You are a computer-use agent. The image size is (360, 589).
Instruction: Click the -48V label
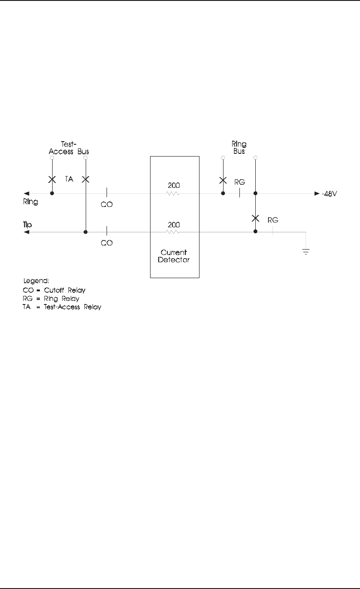(331, 194)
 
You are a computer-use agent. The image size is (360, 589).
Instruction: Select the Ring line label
(31, 202)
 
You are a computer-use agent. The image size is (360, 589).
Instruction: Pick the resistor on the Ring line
(173, 194)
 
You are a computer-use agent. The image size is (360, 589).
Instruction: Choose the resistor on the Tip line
(173, 232)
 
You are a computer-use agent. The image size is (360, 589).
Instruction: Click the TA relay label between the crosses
(69, 180)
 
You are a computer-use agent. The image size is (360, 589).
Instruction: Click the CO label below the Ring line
(107, 205)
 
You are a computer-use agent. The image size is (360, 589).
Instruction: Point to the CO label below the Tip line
(107, 243)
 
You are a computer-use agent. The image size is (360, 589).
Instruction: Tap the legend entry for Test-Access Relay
(62, 307)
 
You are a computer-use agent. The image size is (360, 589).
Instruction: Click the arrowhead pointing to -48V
(316, 194)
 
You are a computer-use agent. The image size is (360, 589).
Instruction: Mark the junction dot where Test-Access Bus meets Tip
(86, 232)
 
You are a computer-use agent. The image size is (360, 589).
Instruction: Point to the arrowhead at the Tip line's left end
(26, 232)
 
